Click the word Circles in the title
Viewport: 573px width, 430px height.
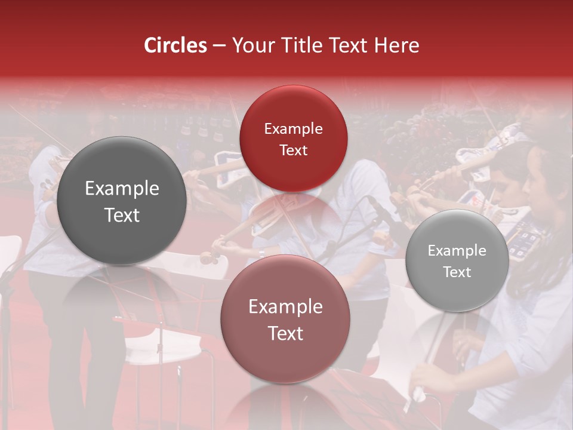click(175, 45)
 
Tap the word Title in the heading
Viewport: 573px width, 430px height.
click(305, 45)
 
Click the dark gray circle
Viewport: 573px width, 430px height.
click(122, 201)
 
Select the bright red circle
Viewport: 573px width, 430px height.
click(293, 139)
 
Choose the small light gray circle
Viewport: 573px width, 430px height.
click(457, 261)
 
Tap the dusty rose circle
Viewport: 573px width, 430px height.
click(285, 320)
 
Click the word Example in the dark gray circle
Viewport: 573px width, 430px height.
click(122, 189)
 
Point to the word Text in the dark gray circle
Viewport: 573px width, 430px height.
click(122, 215)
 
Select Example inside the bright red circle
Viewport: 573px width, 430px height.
click(293, 129)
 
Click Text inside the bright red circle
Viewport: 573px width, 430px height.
click(293, 150)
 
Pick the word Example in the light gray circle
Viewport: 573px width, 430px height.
click(457, 251)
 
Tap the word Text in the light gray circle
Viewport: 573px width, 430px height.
click(457, 272)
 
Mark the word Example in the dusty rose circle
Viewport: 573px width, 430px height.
click(285, 307)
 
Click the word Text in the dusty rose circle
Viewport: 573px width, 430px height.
click(285, 333)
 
